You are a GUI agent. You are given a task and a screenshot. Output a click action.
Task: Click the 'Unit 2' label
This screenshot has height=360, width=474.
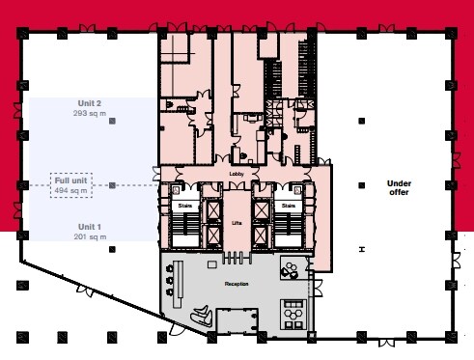90,103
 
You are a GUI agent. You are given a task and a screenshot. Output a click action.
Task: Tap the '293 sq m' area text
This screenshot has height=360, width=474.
90,113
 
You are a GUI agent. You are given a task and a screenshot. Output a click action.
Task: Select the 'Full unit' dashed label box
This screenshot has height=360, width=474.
71,185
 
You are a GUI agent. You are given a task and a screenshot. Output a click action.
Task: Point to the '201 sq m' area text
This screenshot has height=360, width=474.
90,236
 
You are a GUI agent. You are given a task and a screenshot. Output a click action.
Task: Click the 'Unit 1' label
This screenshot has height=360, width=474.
90,227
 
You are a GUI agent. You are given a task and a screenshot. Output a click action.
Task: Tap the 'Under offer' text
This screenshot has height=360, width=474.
399,188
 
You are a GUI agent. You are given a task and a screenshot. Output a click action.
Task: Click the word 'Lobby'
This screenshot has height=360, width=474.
237,174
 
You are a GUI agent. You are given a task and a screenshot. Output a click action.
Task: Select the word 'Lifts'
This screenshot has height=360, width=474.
237,223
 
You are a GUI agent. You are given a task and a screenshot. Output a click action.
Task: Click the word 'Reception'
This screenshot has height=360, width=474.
237,284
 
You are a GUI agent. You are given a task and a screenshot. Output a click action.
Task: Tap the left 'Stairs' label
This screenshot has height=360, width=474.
185,206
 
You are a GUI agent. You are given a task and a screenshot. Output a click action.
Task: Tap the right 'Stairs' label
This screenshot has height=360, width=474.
289,206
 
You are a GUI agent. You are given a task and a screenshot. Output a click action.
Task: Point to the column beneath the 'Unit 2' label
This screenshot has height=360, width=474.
112,121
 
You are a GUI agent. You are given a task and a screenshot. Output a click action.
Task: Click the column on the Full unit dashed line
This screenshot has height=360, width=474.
112,185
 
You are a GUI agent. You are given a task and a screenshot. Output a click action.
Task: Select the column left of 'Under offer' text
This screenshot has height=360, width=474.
362,185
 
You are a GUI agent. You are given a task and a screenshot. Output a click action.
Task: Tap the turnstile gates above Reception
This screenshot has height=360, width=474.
237,258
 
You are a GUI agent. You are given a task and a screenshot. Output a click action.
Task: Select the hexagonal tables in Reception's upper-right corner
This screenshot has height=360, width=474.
291,270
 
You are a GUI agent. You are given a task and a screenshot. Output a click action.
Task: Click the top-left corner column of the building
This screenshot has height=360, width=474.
22,34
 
